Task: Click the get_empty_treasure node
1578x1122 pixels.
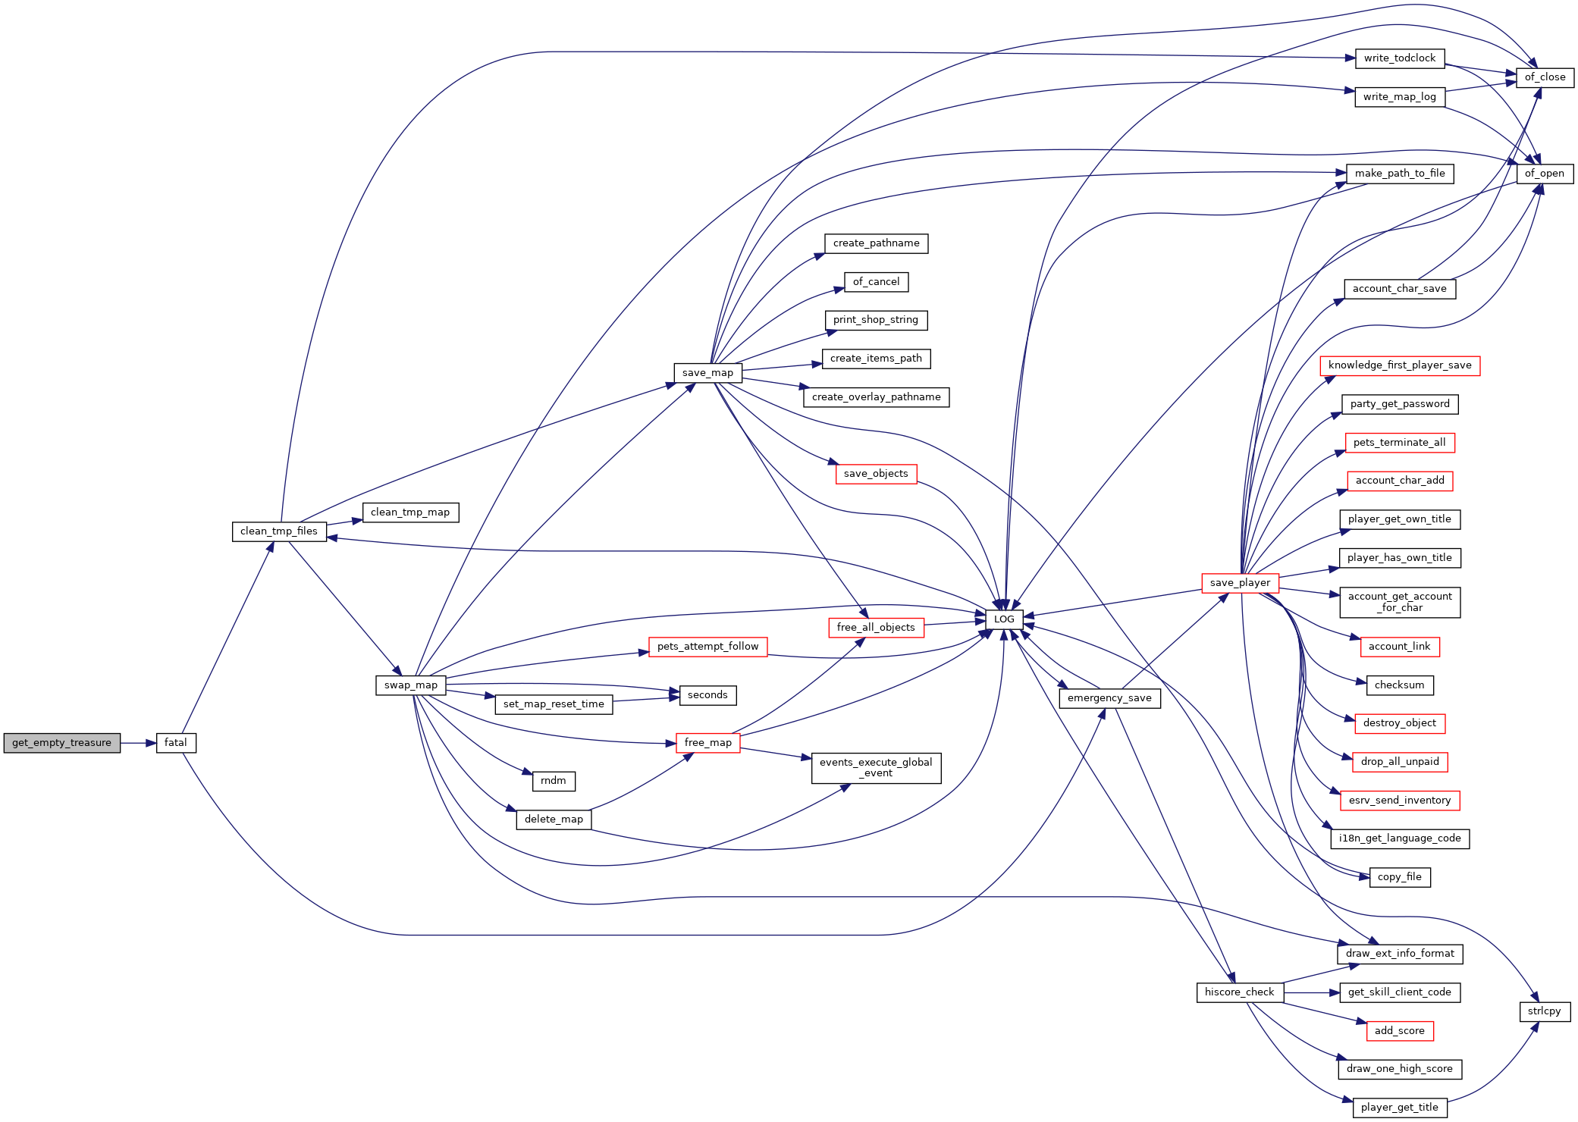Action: click(x=61, y=743)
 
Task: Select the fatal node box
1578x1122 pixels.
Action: click(x=176, y=743)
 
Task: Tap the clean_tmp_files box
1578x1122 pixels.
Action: click(x=279, y=531)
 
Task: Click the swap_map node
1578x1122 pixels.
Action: click(x=411, y=685)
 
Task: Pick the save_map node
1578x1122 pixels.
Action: click(x=707, y=373)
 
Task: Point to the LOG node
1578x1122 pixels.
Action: click(x=1004, y=619)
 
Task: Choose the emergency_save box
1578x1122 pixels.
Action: click(x=1109, y=698)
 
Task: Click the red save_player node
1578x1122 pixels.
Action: click(x=1240, y=583)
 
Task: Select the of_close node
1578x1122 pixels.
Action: click(x=1545, y=77)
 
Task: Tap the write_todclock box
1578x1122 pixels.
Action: click(x=1400, y=58)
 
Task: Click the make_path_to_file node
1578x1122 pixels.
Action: click(x=1400, y=174)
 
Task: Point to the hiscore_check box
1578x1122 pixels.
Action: click(x=1240, y=992)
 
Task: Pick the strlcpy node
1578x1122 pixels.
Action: click(x=1545, y=1011)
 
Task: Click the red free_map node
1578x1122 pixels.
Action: click(x=707, y=743)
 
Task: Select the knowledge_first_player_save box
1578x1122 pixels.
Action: click(x=1400, y=365)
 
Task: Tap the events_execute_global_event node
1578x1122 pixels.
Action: click(x=876, y=768)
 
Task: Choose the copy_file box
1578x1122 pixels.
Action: click(x=1400, y=877)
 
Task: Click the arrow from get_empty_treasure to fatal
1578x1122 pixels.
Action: click(x=138, y=743)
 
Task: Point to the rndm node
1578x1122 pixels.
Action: click(x=554, y=781)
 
